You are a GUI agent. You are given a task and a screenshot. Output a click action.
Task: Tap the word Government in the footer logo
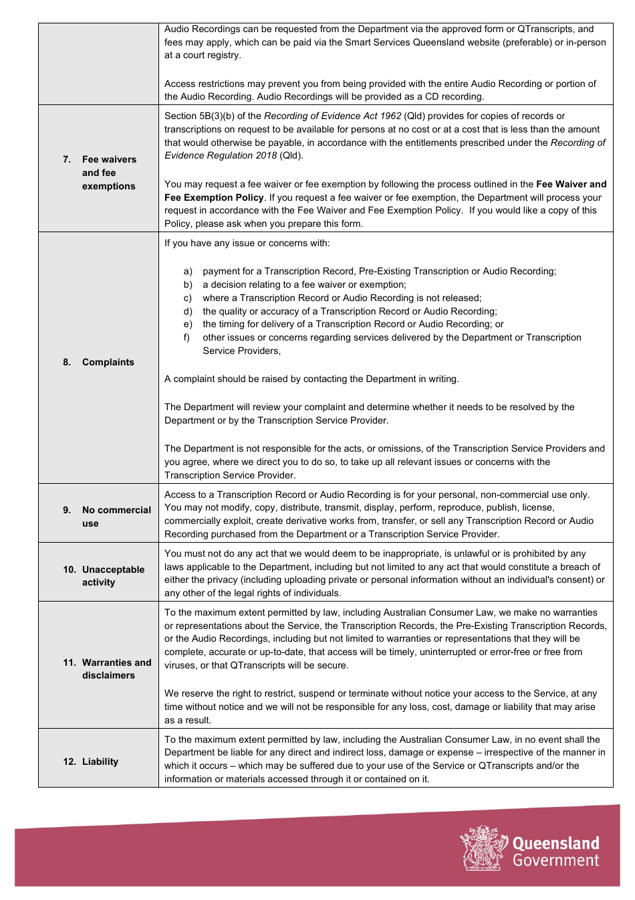[x=555, y=861]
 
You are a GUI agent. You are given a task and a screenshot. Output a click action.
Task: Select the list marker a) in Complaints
[x=188, y=271]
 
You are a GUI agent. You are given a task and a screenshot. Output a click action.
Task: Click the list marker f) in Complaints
[x=187, y=337]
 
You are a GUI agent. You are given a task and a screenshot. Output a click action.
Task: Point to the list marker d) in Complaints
[x=188, y=311]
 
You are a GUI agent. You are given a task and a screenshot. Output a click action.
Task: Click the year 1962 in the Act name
[x=390, y=116]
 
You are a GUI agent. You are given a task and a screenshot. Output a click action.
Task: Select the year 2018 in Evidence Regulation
[x=264, y=155]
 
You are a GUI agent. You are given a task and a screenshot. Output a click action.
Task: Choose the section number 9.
[x=67, y=510]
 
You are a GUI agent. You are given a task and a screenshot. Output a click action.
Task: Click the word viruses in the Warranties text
[x=179, y=665]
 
